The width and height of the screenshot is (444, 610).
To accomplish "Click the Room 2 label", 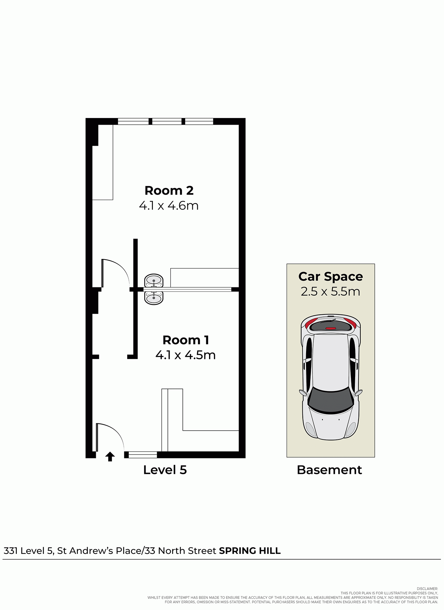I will [x=169, y=191].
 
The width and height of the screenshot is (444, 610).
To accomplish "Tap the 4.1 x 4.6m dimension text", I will [x=169, y=206].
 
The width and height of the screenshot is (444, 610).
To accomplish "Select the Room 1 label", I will [x=186, y=340].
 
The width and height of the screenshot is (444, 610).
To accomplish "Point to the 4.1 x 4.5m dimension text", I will [x=186, y=355].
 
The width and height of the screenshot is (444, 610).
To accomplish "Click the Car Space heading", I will [x=330, y=277].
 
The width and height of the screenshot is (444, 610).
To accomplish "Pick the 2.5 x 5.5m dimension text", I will [x=330, y=292].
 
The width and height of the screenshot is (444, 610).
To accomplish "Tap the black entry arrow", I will [x=110, y=457].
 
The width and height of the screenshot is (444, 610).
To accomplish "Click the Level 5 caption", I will [x=165, y=470].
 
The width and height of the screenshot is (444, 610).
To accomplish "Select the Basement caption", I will [x=329, y=470].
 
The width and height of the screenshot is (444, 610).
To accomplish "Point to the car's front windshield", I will [x=331, y=400].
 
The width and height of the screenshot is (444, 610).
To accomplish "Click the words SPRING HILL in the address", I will [x=250, y=551].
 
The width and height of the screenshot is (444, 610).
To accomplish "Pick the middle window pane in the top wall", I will [x=167, y=121].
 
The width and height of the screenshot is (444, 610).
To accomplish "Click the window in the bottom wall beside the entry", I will [x=143, y=455].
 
